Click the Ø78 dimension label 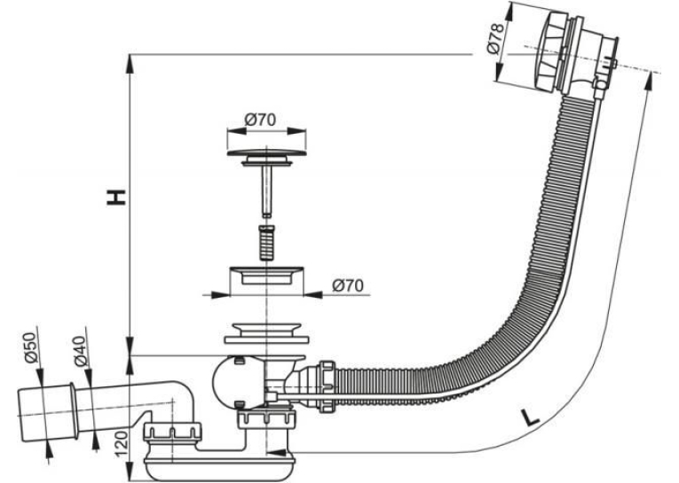click(x=495, y=38)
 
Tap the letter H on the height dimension click(x=117, y=197)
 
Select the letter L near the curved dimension click(x=530, y=417)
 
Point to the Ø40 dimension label click(x=81, y=351)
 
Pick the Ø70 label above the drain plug click(x=260, y=120)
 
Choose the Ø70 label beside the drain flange click(x=348, y=285)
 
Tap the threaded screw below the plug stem click(x=267, y=242)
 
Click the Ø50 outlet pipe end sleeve click(x=45, y=411)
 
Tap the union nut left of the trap click(x=172, y=435)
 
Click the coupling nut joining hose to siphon click(x=328, y=386)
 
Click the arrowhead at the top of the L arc click(x=650, y=81)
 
